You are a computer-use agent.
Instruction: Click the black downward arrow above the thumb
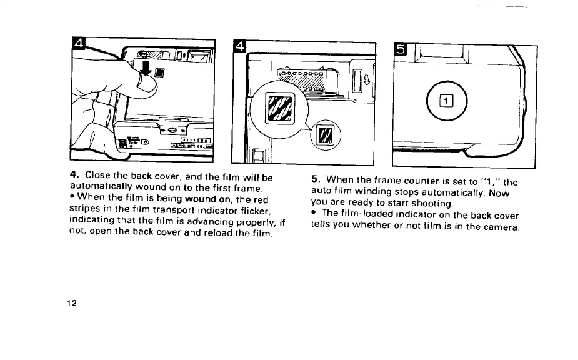146,67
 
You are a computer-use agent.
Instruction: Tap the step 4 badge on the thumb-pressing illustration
80,44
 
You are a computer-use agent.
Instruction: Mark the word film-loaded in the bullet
371,215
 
